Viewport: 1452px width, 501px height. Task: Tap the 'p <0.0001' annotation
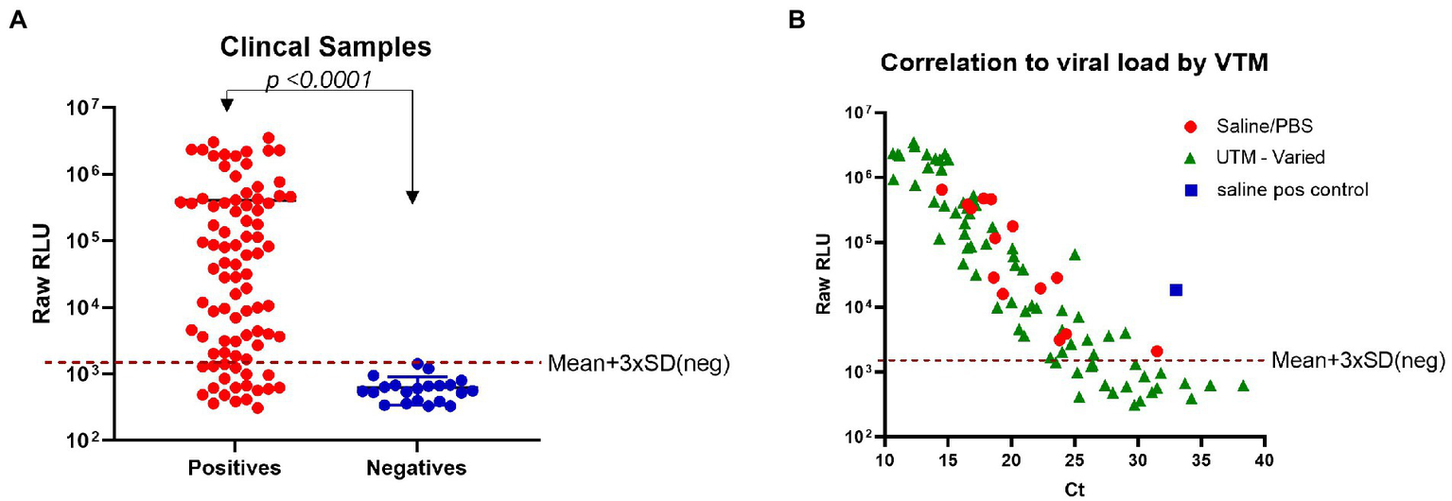pyautogui.click(x=318, y=79)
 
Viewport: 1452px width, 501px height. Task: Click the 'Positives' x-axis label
pyautogui.click(x=234, y=468)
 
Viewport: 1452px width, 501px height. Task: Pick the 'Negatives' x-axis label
pyautogui.click(x=417, y=468)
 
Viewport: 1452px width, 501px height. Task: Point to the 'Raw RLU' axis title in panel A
pyautogui.click(x=43, y=272)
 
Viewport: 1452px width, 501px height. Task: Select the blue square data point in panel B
pyautogui.click(x=1176, y=290)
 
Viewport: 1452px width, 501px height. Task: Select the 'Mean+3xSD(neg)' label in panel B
pyautogui.click(x=1358, y=360)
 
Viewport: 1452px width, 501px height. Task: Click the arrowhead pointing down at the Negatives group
pyautogui.click(x=412, y=197)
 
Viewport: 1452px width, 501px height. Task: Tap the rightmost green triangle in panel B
pyautogui.click(x=1243, y=386)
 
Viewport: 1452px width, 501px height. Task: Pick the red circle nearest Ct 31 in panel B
pyautogui.click(x=1156, y=352)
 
